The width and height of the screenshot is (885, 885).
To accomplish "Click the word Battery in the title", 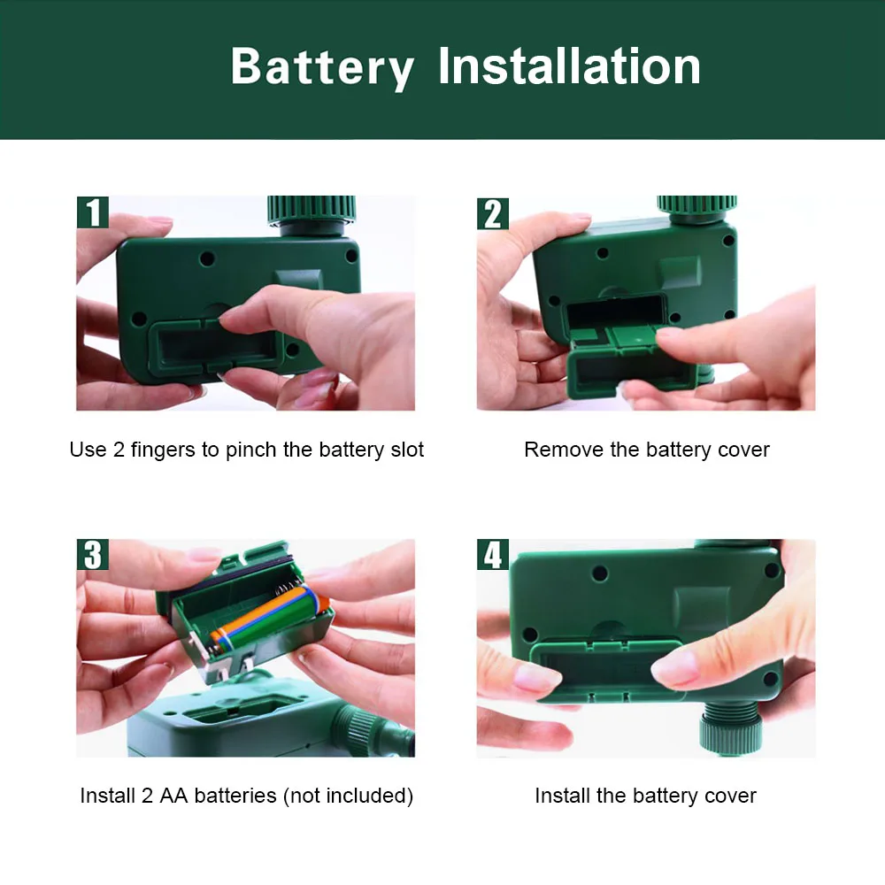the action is point(322,68).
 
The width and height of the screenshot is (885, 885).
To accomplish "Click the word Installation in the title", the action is point(569,65).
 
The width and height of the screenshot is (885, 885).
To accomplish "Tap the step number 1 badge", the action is point(93,212).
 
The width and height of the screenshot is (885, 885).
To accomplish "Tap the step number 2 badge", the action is point(493,213).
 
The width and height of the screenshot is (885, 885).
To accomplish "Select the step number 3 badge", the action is point(93,554).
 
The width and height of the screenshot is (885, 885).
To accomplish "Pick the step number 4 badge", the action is point(493,554).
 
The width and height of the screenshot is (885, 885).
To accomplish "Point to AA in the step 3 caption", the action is point(173,796).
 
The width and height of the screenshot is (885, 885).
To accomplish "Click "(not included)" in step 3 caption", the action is point(348,796).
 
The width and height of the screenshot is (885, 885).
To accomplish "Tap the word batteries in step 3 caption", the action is point(235,796).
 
